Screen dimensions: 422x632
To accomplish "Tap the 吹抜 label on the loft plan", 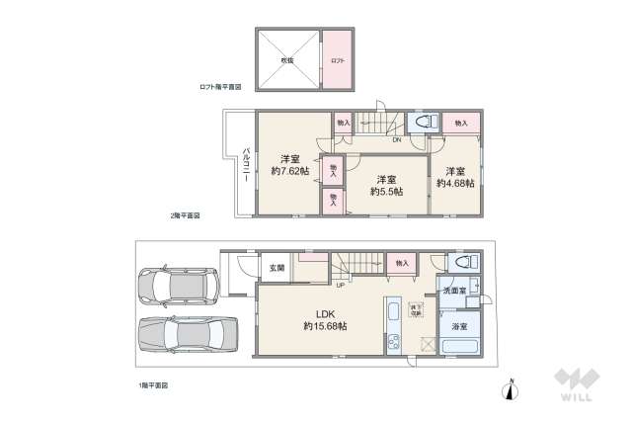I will (286, 60).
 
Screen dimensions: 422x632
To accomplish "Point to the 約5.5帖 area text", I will (385, 192).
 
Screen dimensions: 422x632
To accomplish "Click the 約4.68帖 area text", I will (455, 183).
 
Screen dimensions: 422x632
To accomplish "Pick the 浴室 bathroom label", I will (458, 324).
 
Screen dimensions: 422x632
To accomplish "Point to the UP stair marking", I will (341, 286).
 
